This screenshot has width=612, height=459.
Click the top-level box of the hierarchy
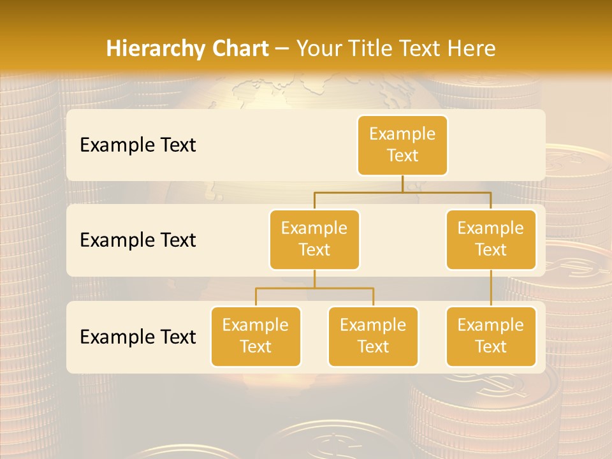coord(402,145)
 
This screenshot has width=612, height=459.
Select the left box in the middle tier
coord(314,239)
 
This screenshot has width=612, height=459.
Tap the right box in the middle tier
coord(491,239)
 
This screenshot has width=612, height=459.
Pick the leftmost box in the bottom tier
coord(256,336)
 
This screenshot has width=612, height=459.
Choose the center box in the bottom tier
coord(373,336)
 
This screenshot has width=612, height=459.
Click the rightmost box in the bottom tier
coord(491,336)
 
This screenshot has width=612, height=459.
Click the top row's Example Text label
coord(138,145)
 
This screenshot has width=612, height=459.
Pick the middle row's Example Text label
coord(138,240)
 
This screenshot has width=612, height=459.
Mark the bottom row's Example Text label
coord(138,337)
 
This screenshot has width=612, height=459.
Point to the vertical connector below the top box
coord(402,184)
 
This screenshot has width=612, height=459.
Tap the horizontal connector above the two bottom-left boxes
coord(314,288)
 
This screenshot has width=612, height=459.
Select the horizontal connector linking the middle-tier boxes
coord(402,192)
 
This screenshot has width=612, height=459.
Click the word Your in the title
coord(317,48)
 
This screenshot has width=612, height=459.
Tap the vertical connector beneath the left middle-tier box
coord(314,279)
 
